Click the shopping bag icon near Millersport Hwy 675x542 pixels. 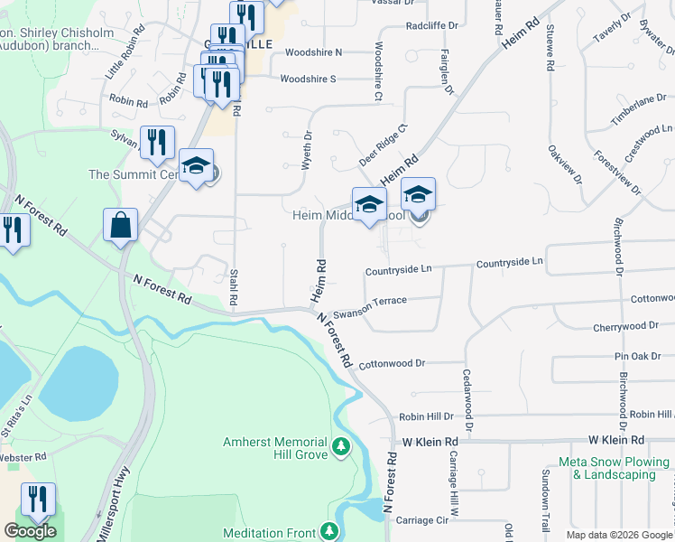pos(120,226)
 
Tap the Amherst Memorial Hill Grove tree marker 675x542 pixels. pos(341,445)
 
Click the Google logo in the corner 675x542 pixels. pos(30,531)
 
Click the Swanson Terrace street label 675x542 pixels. pos(370,307)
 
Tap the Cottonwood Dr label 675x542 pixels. pos(392,365)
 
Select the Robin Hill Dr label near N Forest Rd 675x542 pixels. pos(426,416)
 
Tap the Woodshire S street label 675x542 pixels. pos(308,79)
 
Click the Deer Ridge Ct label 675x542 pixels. pos(384,144)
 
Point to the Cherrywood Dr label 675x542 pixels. pos(627,326)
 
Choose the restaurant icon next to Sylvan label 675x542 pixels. pos(158,142)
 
